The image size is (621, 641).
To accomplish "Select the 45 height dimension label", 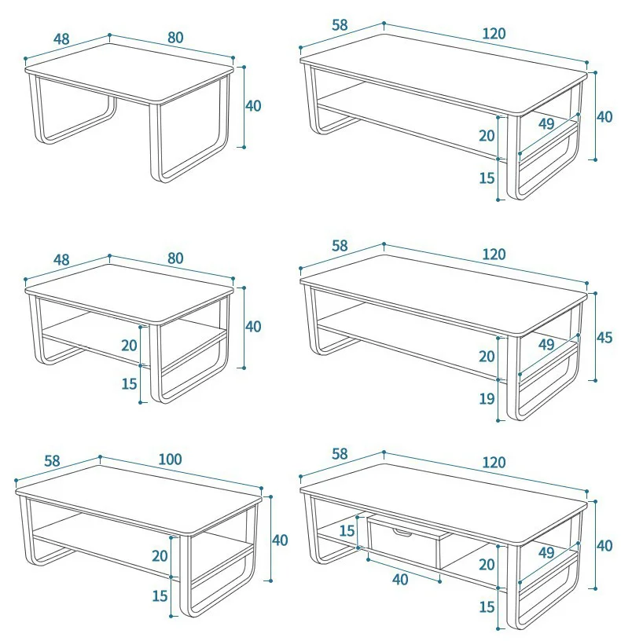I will (x=604, y=337).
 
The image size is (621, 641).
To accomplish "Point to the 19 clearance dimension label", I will (x=487, y=398).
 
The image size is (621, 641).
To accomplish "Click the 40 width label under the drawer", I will (x=399, y=579).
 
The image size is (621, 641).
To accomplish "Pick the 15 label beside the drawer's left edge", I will (x=347, y=530).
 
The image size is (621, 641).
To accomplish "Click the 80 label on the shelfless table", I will (x=175, y=37).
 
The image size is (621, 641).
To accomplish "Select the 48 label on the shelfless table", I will (x=61, y=38).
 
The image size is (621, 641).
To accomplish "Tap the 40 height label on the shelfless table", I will (x=253, y=105).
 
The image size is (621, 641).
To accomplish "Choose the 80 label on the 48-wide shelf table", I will (x=175, y=258).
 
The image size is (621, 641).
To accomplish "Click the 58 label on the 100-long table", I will (x=52, y=461).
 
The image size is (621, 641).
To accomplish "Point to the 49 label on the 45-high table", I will (x=546, y=344).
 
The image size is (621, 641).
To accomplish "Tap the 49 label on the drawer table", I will (x=546, y=553).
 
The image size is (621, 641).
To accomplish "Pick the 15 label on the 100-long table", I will (x=160, y=595).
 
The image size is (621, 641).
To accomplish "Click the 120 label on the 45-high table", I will (x=494, y=254).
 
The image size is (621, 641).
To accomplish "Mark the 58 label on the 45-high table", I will (x=340, y=246).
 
